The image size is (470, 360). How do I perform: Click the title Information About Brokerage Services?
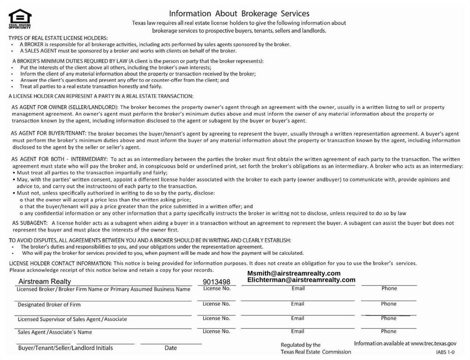click(x=239, y=14)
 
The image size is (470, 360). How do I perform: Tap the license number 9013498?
click(x=216, y=282)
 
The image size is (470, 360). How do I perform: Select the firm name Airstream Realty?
click(x=45, y=281)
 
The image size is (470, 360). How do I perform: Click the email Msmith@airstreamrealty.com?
click(x=294, y=273)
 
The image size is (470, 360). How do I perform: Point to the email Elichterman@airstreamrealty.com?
click(x=301, y=280)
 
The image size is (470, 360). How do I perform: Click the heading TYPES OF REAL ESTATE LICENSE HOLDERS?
click(x=59, y=37)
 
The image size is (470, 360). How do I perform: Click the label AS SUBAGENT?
click(x=30, y=223)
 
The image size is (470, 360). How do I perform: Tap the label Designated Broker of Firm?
click(x=49, y=305)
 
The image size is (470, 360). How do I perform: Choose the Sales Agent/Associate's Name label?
click(x=55, y=332)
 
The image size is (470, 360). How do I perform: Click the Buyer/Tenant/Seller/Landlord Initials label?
click(x=66, y=348)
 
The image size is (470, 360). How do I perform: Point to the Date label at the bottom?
click(x=171, y=348)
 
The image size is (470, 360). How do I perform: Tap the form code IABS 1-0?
click(x=445, y=352)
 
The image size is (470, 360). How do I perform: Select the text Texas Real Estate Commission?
click(x=316, y=352)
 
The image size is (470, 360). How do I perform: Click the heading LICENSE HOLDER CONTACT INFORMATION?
click(x=60, y=263)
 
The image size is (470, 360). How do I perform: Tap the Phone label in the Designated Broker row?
click(x=388, y=304)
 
